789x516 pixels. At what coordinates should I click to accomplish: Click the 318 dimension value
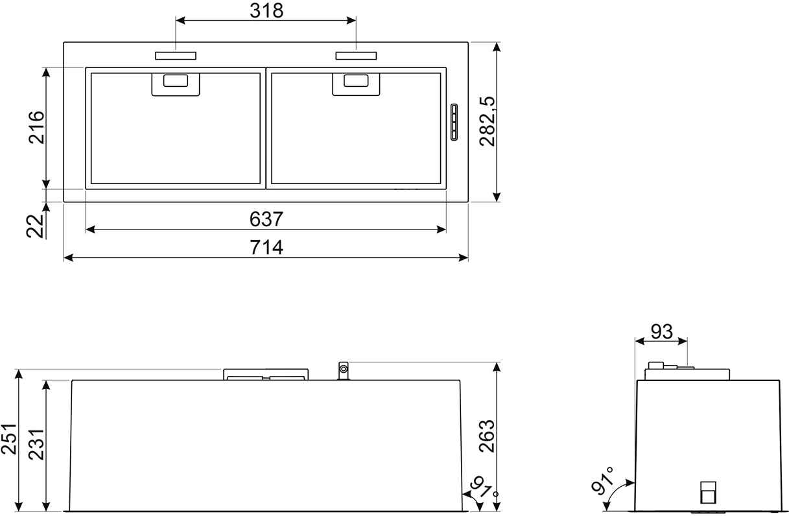(266, 10)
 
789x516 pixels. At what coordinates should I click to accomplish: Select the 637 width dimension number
(266, 219)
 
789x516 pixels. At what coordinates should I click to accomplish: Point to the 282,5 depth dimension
(487, 121)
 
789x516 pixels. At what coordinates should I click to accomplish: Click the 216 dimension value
(36, 127)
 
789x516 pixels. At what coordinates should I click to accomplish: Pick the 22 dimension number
(35, 226)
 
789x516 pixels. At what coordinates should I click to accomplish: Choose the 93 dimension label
(661, 331)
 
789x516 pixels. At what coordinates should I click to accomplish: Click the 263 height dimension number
(487, 436)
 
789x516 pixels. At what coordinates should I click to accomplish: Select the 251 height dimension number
(9, 439)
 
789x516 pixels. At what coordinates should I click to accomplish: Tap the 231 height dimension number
(36, 444)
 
